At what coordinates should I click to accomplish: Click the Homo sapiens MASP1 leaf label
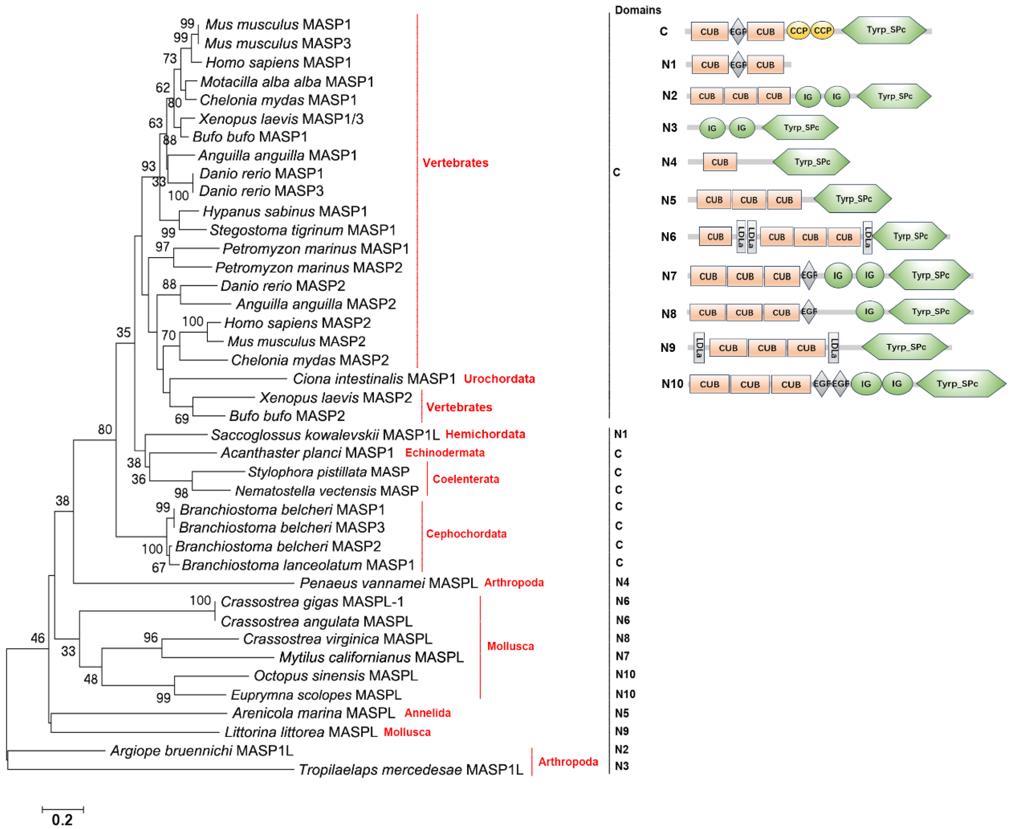coord(278,63)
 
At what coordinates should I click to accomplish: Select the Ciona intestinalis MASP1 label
coord(374,379)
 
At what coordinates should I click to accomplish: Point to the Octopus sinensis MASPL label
coord(336,676)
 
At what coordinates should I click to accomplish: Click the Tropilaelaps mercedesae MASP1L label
coord(411,770)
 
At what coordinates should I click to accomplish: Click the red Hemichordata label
coord(485,434)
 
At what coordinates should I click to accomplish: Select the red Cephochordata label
coord(466,534)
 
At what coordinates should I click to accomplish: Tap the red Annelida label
coord(427,713)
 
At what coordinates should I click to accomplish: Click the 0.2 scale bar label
coord(62,819)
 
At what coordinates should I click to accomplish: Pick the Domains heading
coord(638,10)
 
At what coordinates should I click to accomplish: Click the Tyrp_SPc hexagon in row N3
coord(800,128)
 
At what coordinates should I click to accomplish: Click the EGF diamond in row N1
coord(738,64)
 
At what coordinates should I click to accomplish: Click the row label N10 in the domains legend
coord(672,384)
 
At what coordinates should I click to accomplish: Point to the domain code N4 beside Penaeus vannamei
coord(622,582)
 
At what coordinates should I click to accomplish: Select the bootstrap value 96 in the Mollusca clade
coord(151,637)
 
